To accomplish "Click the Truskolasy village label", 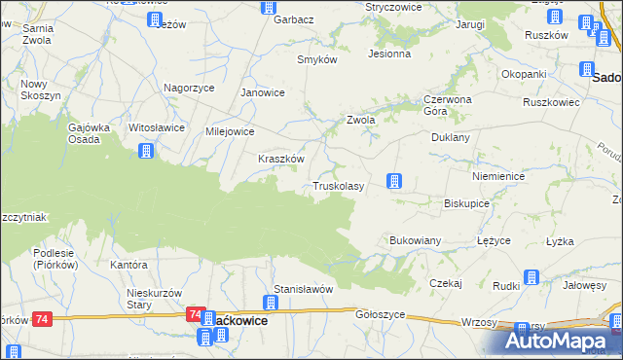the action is pos(338,186).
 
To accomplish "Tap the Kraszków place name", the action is pos(281,159).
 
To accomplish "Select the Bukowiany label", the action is pos(416,239).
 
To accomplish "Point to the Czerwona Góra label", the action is pos(447,104).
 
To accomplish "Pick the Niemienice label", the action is pos(497,177).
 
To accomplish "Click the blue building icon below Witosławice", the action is pos(145,151).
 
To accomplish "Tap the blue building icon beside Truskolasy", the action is pos(393,181).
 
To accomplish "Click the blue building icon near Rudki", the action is pos(531,278).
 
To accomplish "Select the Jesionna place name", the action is pos(389,54).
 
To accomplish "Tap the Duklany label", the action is pos(451,138).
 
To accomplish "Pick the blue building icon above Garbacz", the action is pos(270,7).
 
